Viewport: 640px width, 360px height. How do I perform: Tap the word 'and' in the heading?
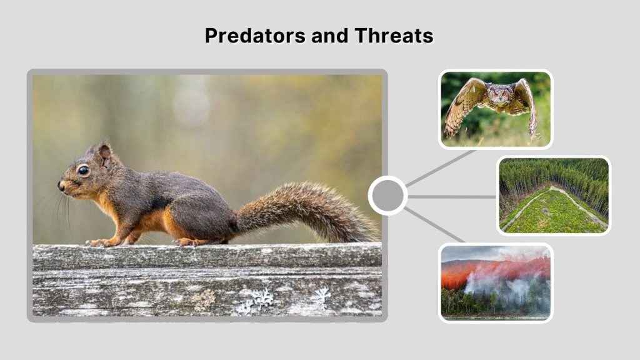pyautogui.click(x=329, y=36)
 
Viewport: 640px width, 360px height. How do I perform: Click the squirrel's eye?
pyautogui.click(x=83, y=170)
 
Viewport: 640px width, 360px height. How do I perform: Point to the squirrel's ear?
pyautogui.click(x=103, y=152)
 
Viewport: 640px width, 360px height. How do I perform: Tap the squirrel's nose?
pyautogui.click(x=61, y=185)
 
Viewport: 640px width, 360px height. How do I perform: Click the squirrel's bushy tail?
pyautogui.click(x=300, y=209)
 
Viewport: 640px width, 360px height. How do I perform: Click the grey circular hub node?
pyautogui.click(x=387, y=196)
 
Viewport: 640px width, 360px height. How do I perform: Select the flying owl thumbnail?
pyautogui.click(x=495, y=109)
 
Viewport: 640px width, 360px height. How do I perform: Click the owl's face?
pyautogui.click(x=497, y=94)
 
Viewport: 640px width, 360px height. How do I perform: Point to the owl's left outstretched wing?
pyautogui.click(x=459, y=106)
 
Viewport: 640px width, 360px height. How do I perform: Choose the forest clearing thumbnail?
pyautogui.click(x=553, y=196)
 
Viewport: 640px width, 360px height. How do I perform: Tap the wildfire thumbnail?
pyautogui.click(x=495, y=282)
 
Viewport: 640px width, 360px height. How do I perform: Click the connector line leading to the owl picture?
pyautogui.click(x=441, y=167)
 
